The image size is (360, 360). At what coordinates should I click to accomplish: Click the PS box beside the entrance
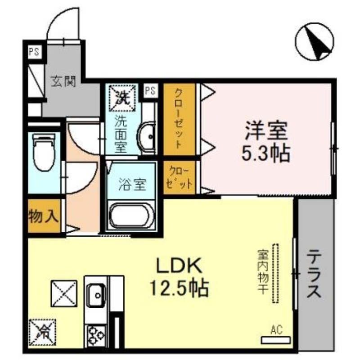click(x=34, y=51)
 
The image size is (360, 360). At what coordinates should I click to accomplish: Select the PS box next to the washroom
click(x=150, y=90)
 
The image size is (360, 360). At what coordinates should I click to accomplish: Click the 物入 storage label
click(x=44, y=217)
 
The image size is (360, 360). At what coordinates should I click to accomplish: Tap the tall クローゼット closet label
click(x=179, y=118)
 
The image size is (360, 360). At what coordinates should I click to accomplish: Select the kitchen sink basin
click(x=96, y=296)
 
